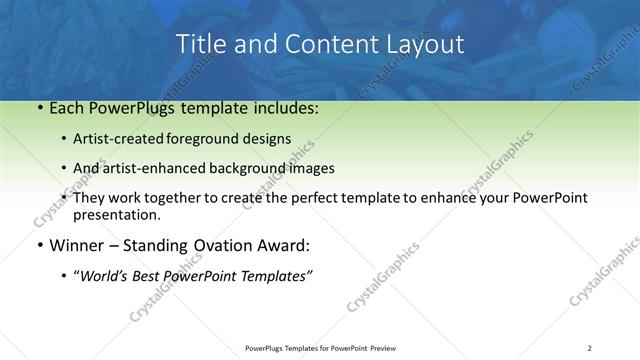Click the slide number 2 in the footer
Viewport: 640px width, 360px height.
coord(590,347)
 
